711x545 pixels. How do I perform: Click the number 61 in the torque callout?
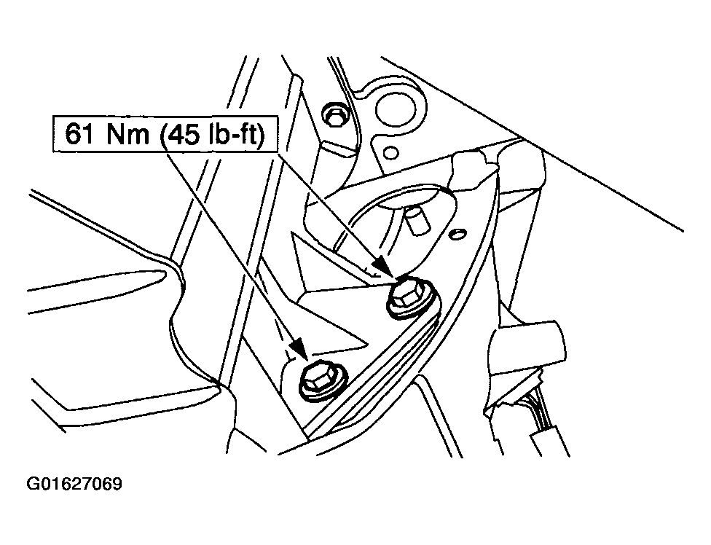(80, 134)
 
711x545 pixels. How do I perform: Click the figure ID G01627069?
(74, 484)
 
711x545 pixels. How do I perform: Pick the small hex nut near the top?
(334, 114)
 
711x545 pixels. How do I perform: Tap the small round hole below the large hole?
(390, 152)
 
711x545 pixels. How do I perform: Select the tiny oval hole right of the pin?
(458, 233)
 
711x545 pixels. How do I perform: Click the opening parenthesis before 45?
(163, 135)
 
